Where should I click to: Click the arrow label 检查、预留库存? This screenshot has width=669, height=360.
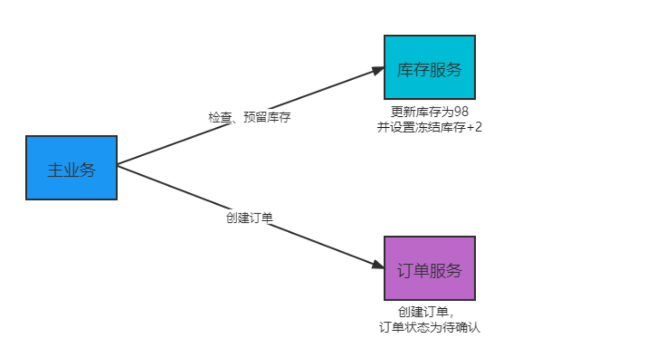(x=250, y=117)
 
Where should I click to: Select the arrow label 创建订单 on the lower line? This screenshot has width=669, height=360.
(x=249, y=218)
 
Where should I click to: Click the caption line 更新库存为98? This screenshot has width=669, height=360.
(x=430, y=111)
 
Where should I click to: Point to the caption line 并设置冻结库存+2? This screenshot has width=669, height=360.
(x=430, y=127)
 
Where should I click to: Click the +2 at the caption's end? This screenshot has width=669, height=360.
(x=474, y=127)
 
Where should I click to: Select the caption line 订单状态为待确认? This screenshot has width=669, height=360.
(x=430, y=328)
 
